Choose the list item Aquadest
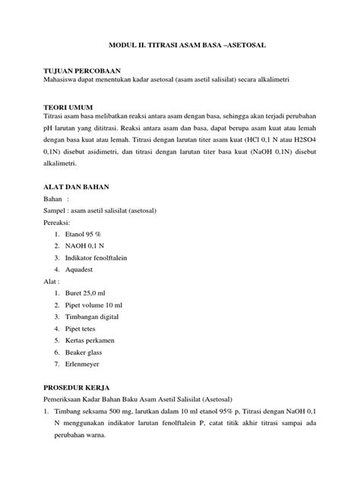click(82, 269)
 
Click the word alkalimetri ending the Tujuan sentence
click(283, 79)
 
